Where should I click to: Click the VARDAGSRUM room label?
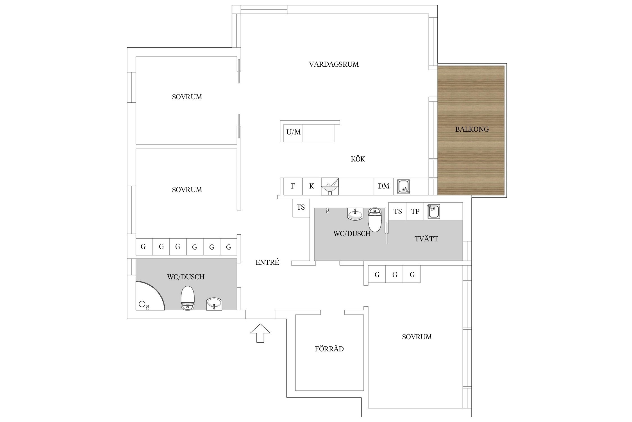pyautogui.click(x=334, y=64)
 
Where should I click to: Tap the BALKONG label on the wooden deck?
pyautogui.click(x=472, y=129)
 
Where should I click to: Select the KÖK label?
pyautogui.click(x=358, y=159)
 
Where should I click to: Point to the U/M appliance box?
pyautogui.click(x=294, y=132)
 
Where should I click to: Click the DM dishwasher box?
pyautogui.click(x=384, y=186)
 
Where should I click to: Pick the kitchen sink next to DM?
pyautogui.click(x=404, y=186)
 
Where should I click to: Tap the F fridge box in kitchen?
pyautogui.click(x=293, y=186)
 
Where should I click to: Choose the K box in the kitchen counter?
pyautogui.click(x=312, y=186)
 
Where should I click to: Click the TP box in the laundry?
pyautogui.click(x=415, y=211)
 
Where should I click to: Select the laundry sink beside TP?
pyautogui.click(x=433, y=212)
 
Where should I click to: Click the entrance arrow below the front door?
pyautogui.click(x=260, y=333)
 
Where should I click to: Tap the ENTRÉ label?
pyautogui.click(x=267, y=262)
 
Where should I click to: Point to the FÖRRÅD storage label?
pyautogui.click(x=329, y=349)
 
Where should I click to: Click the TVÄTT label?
pyautogui.click(x=426, y=239)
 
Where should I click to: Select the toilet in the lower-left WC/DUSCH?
pyautogui.click(x=187, y=298)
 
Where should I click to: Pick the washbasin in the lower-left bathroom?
pyautogui.click(x=214, y=304)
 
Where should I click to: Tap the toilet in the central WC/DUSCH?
pyautogui.click(x=375, y=219)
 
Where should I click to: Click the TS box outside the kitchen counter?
pyautogui.click(x=301, y=208)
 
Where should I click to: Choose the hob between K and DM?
pyautogui.click(x=330, y=186)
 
